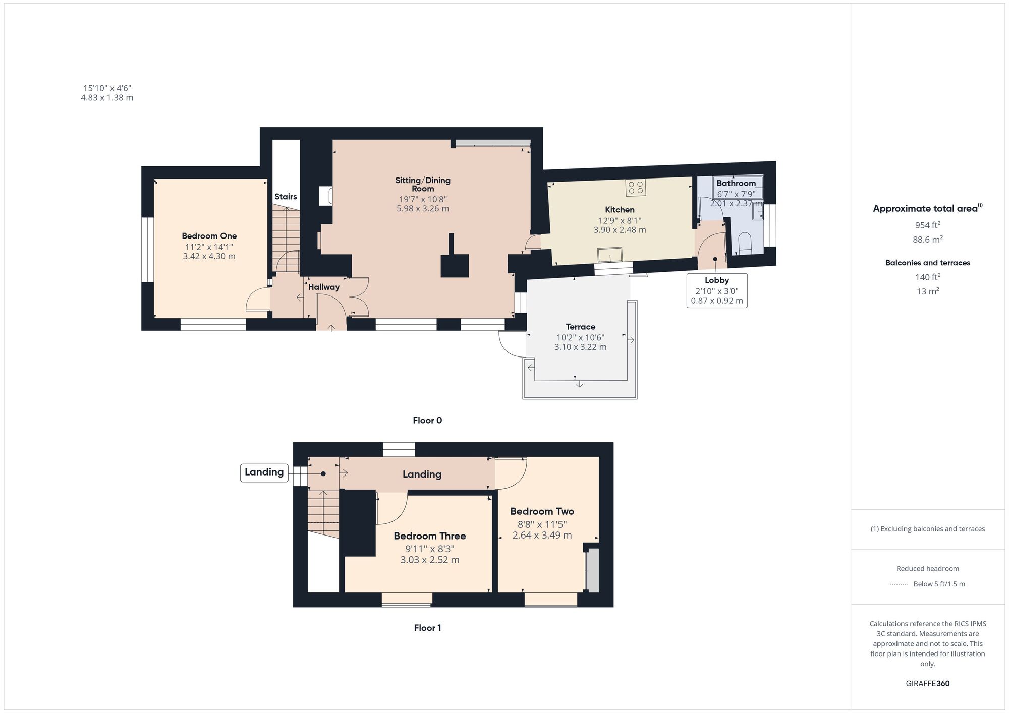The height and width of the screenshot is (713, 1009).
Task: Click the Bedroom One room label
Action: pyautogui.click(x=209, y=236)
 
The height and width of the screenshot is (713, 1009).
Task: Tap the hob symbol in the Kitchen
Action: pyautogui.click(x=636, y=188)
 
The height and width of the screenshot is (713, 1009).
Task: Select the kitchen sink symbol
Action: pyautogui.click(x=610, y=255)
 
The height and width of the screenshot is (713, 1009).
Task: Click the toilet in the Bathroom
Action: pyautogui.click(x=745, y=243)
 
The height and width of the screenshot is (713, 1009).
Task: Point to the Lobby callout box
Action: pyautogui.click(x=717, y=290)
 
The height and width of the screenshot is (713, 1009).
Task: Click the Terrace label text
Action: pyautogui.click(x=580, y=327)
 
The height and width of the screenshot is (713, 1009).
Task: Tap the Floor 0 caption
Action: pyautogui.click(x=427, y=420)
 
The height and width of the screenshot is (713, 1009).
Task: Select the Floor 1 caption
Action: pyautogui.click(x=427, y=628)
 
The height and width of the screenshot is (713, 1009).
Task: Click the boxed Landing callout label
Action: pyautogui.click(x=264, y=472)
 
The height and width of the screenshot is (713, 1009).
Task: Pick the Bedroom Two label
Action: pyautogui.click(x=542, y=511)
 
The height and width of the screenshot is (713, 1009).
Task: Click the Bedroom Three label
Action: pyautogui.click(x=430, y=536)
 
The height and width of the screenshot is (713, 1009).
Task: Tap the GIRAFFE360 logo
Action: pyautogui.click(x=928, y=684)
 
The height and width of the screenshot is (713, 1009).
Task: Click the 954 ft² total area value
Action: pyautogui.click(x=928, y=225)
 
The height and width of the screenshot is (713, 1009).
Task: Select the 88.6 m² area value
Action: pyautogui.click(x=928, y=239)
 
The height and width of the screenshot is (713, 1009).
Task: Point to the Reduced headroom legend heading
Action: pyautogui.click(x=928, y=568)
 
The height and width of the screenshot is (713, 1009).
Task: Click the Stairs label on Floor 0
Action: pyautogui.click(x=286, y=197)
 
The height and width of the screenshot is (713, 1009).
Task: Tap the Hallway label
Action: pyautogui.click(x=324, y=287)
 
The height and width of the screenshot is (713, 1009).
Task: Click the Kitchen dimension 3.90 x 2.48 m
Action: pyautogui.click(x=620, y=230)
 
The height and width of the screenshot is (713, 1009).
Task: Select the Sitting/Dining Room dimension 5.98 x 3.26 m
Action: pyautogui.click(x=423, y=208)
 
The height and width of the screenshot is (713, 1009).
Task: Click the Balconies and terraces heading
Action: pyautogui.click(x=928, y=263)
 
